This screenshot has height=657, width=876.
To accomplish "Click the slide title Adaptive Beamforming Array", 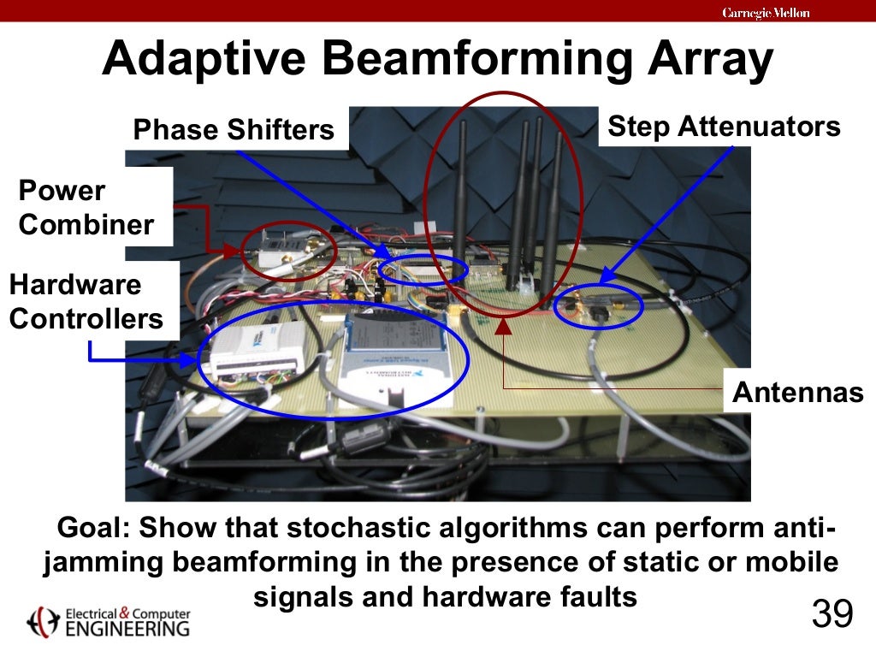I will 437,61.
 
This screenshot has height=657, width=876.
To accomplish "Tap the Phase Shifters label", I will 234,129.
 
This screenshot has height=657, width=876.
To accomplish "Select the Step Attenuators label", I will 724,127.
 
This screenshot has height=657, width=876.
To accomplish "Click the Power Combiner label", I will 86,208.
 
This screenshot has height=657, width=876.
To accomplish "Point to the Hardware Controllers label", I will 86,301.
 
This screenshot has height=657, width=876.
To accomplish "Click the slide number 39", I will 832,614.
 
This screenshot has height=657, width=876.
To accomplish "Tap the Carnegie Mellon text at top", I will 766,12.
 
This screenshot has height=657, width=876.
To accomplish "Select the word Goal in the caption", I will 89,529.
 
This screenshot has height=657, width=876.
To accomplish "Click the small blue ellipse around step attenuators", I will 598,306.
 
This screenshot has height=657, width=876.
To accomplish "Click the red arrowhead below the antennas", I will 504,325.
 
